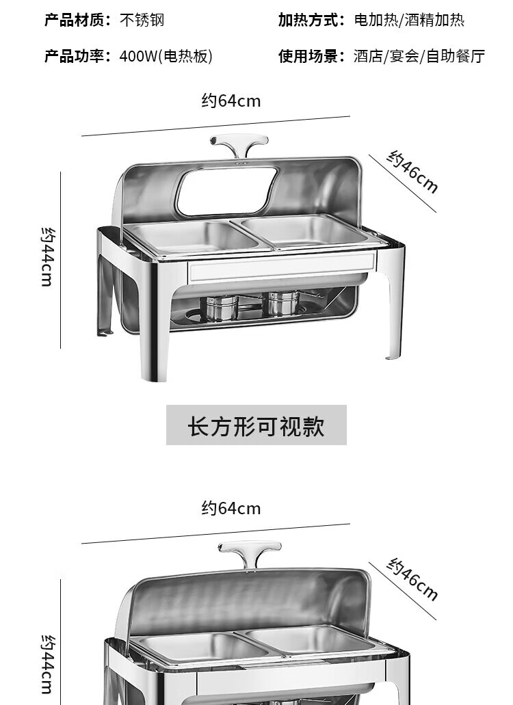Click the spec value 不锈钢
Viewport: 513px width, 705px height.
(142, 20)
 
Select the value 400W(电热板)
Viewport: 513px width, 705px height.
(166, 56)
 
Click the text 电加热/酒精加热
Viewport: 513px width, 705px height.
(409, 20)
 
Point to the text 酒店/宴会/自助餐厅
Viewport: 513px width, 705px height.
(419, 56)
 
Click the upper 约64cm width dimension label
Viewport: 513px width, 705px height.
(231, 101)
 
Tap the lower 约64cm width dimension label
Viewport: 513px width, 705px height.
(231, 508)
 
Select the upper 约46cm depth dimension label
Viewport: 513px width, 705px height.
(412, 172)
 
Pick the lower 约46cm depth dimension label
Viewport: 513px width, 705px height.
(412, 579)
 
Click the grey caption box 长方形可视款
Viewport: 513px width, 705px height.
(256, 425)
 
